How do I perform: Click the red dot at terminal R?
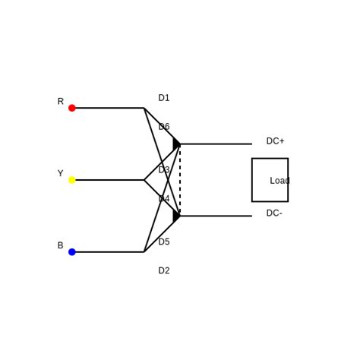[72, 108]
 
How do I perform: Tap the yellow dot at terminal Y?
[72, 180]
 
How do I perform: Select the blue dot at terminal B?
[72, 252]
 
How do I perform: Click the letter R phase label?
[61, 102]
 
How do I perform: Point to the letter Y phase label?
[61, 174]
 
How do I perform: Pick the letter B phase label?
[61, 246]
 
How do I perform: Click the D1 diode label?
[164, 98]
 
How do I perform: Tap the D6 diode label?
[164, 127]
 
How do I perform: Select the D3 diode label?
[164, 170]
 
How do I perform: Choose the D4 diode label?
[164, 199]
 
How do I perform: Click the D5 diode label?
[164, 242]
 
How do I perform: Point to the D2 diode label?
[164, 271]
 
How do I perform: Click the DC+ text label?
[275, 141]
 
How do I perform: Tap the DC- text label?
[274, 213]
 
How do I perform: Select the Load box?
[270, 180]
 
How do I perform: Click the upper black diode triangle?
[176, 144]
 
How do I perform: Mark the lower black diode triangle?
[176, 216]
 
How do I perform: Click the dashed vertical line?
[180, 180]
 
